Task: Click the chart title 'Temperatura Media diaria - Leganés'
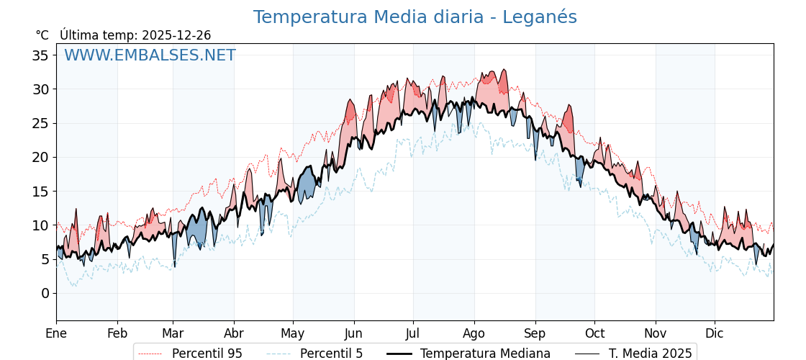coord(415,17)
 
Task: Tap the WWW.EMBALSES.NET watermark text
coord(150,55)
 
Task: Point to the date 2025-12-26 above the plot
coord(176,35)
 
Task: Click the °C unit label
coord(42,35)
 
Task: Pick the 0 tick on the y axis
coord(45,293)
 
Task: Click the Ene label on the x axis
coord(56,333)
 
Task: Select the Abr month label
coord(234,333)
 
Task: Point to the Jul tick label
coord(413,333)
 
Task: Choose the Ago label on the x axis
coord(474,333)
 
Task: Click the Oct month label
coord(594,333)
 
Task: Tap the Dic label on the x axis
coord(715,333)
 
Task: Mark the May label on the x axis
coord(293,333)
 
